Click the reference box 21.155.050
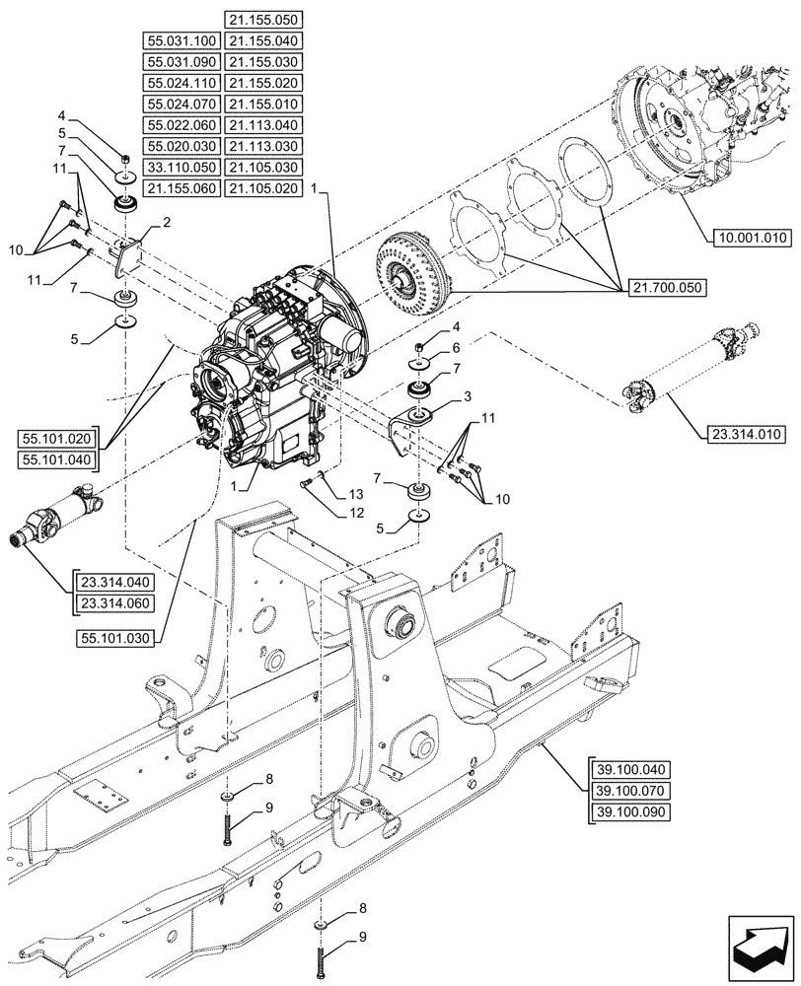point(262,19)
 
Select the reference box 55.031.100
point(182,40)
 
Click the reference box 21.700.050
point(663,287)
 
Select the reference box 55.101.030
point(114,638)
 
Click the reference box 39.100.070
point(629,792)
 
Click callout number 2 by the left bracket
point(167,223)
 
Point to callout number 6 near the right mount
point(456,348)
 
